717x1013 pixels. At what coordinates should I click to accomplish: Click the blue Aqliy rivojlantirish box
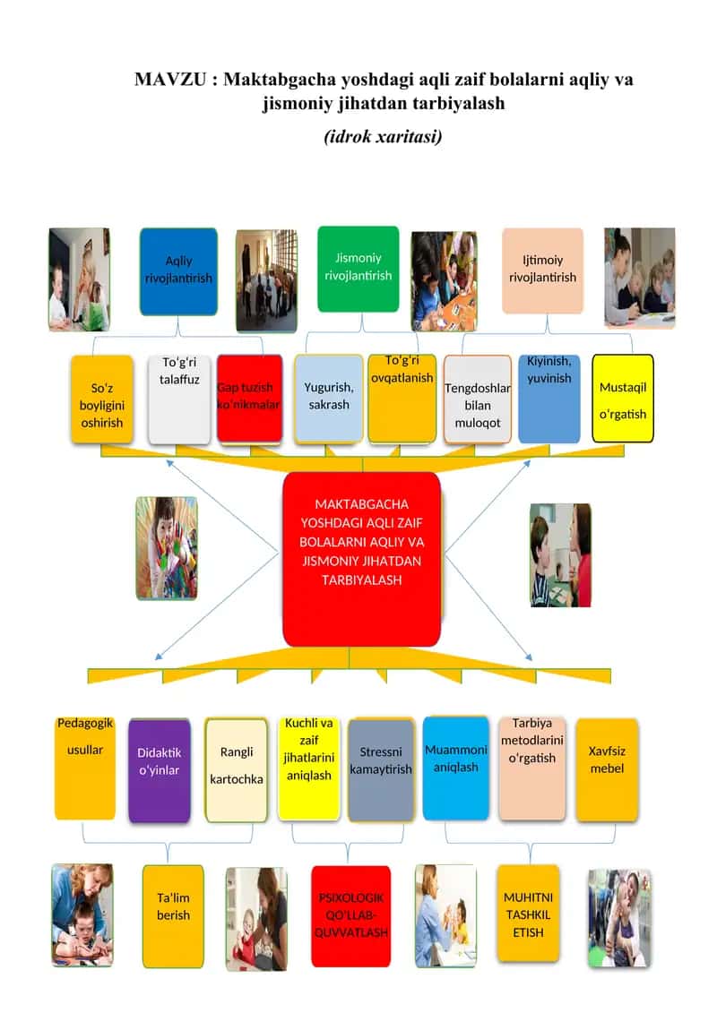pyautogui.click(x=178, y=271)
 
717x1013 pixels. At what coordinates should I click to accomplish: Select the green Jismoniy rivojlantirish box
pyautogui.click(x=358, y=269)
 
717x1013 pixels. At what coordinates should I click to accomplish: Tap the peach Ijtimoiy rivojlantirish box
pyautogui.click(x=542, y=270)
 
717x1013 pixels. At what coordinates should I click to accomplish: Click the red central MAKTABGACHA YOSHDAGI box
pyautogui.click(x=361, y=559)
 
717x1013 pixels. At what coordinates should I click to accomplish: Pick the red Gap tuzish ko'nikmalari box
pyautogui.click(x=249, y=398)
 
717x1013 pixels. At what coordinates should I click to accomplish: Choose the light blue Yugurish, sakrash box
pyautogui.click(x=328, y=399)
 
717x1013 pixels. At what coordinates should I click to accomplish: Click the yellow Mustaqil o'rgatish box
pyautogui.click(x=623, y=399)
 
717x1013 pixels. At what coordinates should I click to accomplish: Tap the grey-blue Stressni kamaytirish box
pyautogui.click(x=381, y=769)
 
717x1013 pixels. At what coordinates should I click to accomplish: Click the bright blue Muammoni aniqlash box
pyautogui.click(x=456, y=768)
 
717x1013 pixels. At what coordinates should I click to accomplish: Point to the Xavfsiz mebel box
pyautogui.click(x=607, y=769)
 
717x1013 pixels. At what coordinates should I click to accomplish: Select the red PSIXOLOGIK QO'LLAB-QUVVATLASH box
pyautogui.click(x=351, y=916)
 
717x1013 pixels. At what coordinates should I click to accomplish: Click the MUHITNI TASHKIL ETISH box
pyautogui.click(x=528, y=914)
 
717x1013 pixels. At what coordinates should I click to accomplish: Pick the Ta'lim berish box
pyautogui.click(x=173, y=916)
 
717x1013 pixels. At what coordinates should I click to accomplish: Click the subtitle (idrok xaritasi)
pyautogui.click(x=383, y=136)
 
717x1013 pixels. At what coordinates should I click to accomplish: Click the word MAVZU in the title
pyautogui.click(x=170, y=80)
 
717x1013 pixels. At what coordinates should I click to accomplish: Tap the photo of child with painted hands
pyautogui.click(x=167, y=548)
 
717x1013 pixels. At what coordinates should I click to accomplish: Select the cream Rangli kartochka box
pyautogui.click(x=236, y=769)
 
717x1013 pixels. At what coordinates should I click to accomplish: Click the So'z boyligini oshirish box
pyautogui.click(x=102, y=399)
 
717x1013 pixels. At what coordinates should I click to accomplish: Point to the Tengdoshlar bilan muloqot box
pyautogui.click(x=478, y=399)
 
